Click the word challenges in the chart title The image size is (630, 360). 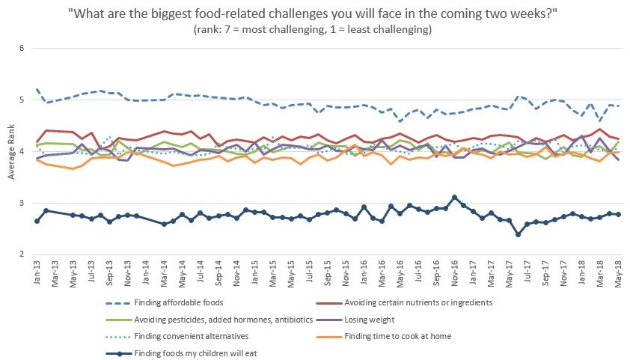324,14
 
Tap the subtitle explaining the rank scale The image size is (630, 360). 315,30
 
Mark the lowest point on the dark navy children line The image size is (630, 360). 518,234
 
